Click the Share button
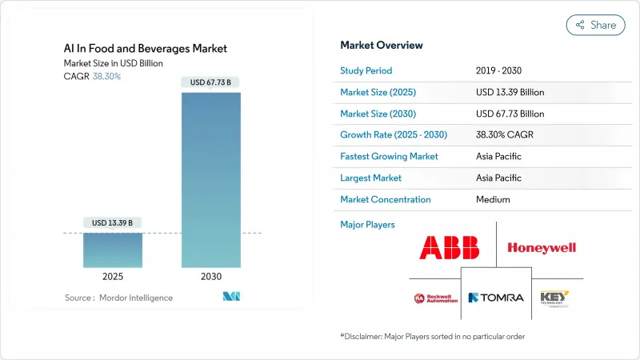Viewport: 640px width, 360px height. pyautogui.click(x=596, y=25)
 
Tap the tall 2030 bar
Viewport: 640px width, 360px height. pyautogui.click(x=210, y=179)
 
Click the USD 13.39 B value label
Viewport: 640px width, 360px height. pyautogui.click(x=113, y=222)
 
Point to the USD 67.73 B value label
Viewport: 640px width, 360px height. pyautogui.click(x=210, y=82)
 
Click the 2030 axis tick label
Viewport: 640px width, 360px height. pyautogui.click(x=210, y=276)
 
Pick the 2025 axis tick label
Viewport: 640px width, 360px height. pyautogui.click(x=113, y=276)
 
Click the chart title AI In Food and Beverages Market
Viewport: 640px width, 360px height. pyautogui.click(x=146, y=48)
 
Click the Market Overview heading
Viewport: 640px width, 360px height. pyautogui.click(x=382, y=45)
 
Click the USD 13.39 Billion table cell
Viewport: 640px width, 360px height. pyautogui.click(x=510, y=91)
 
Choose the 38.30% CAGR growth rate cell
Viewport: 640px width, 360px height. pyautogui.click(x=504, y=134)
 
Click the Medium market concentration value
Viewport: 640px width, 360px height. pyautogui.click(x=493, y=199)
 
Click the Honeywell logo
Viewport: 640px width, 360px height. pyautogui.click(x=542, y=248)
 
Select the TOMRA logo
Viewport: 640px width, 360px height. pyautogui.click(x=496, y=298)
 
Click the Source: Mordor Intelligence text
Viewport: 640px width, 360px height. pyautogui.click(x=118, y=298)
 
